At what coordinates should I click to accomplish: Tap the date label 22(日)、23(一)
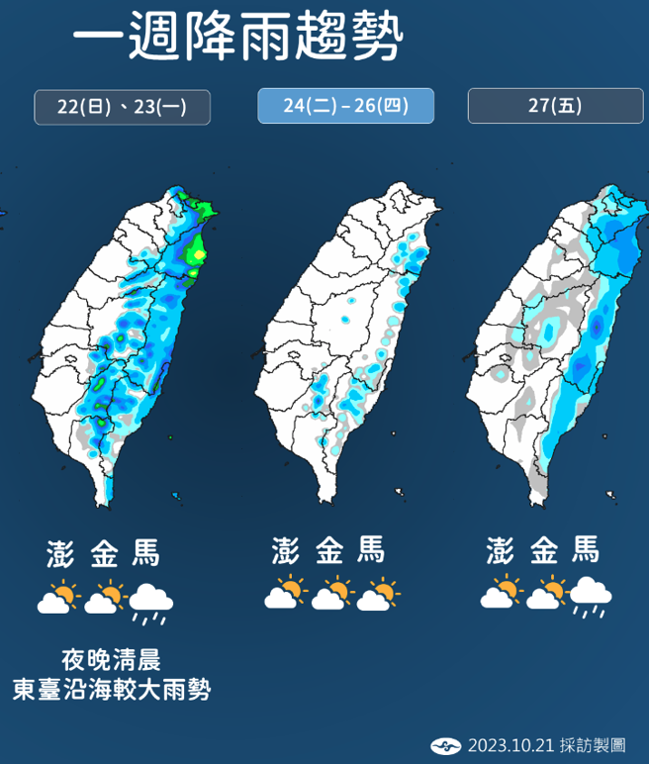(x=123, y=106)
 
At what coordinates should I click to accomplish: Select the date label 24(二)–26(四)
(x=345, y=106)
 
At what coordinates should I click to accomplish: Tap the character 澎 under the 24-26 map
(x=286, y=550)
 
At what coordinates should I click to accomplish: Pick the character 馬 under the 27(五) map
(x=584, y=550)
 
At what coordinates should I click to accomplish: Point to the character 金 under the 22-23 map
(x=104, y=553)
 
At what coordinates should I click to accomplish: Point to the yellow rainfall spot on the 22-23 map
(x=200, y=255)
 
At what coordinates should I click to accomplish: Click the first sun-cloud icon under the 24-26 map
(x=283, y=595)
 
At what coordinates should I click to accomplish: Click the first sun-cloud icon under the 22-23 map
(x=57, y=599)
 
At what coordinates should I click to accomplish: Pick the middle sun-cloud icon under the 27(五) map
(x=546, y=595)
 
